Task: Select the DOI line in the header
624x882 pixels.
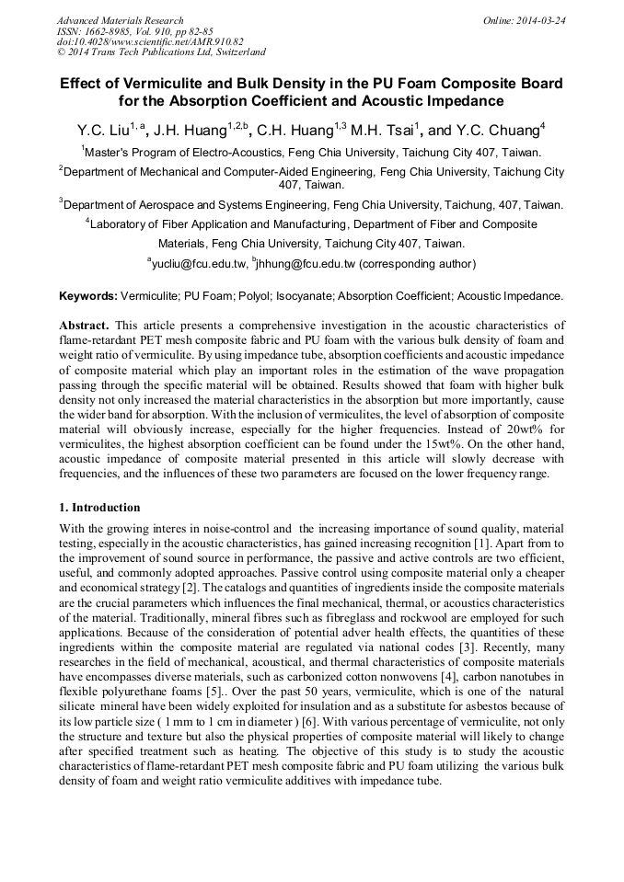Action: coord(150,41)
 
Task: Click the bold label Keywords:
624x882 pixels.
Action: coord(88,296)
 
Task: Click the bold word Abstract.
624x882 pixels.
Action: coord(84,326)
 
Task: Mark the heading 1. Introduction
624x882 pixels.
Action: coord(99,508)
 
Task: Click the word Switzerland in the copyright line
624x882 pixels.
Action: coord(235,52)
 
